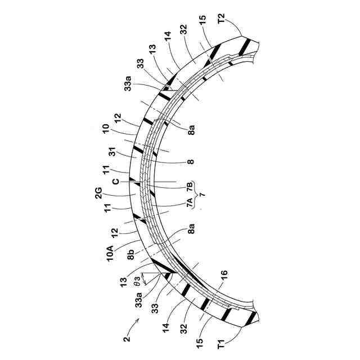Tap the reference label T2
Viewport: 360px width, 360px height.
tap(222, 19)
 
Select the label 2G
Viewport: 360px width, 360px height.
tap(98, 193)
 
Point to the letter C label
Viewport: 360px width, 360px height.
tap(116, 182)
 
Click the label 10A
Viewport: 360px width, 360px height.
tap(110, 253)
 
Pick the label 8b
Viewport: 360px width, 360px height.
tap(130, 255)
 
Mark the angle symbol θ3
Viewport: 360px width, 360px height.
tap(137, 281)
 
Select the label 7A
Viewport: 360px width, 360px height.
tap(190, 202)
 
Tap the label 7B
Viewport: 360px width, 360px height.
tap(190, 186)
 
